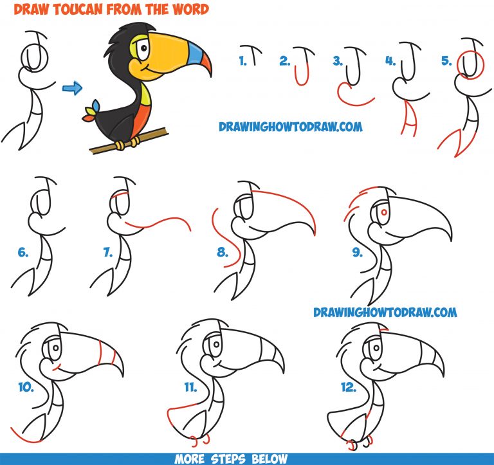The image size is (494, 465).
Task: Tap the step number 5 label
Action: (x=446, y=62)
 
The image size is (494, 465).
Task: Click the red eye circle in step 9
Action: (x=383, y=211)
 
